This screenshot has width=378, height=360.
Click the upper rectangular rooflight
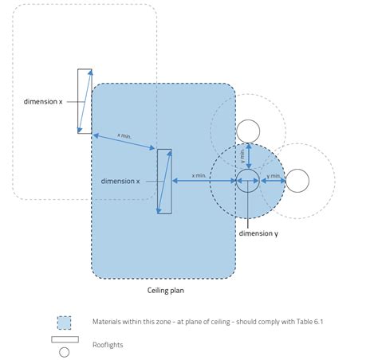point(85,101)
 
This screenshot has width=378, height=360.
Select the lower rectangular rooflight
point(164,181)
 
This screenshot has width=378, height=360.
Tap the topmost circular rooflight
point(249,130)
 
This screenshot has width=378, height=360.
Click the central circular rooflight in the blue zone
point(246,180)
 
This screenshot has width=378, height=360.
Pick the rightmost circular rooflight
point(297,181)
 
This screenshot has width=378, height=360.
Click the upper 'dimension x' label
point(43,101)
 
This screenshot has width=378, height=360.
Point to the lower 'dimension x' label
point(120,181)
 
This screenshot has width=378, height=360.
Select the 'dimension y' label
point(258,233)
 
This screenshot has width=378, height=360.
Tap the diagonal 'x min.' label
point(125,138)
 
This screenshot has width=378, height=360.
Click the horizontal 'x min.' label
point(199,174)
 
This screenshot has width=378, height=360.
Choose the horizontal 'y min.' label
point(274,174)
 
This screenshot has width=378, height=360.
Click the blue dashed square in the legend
point(64,322)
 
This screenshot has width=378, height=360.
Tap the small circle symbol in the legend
point(64,351)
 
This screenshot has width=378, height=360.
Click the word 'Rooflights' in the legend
point(108,345)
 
